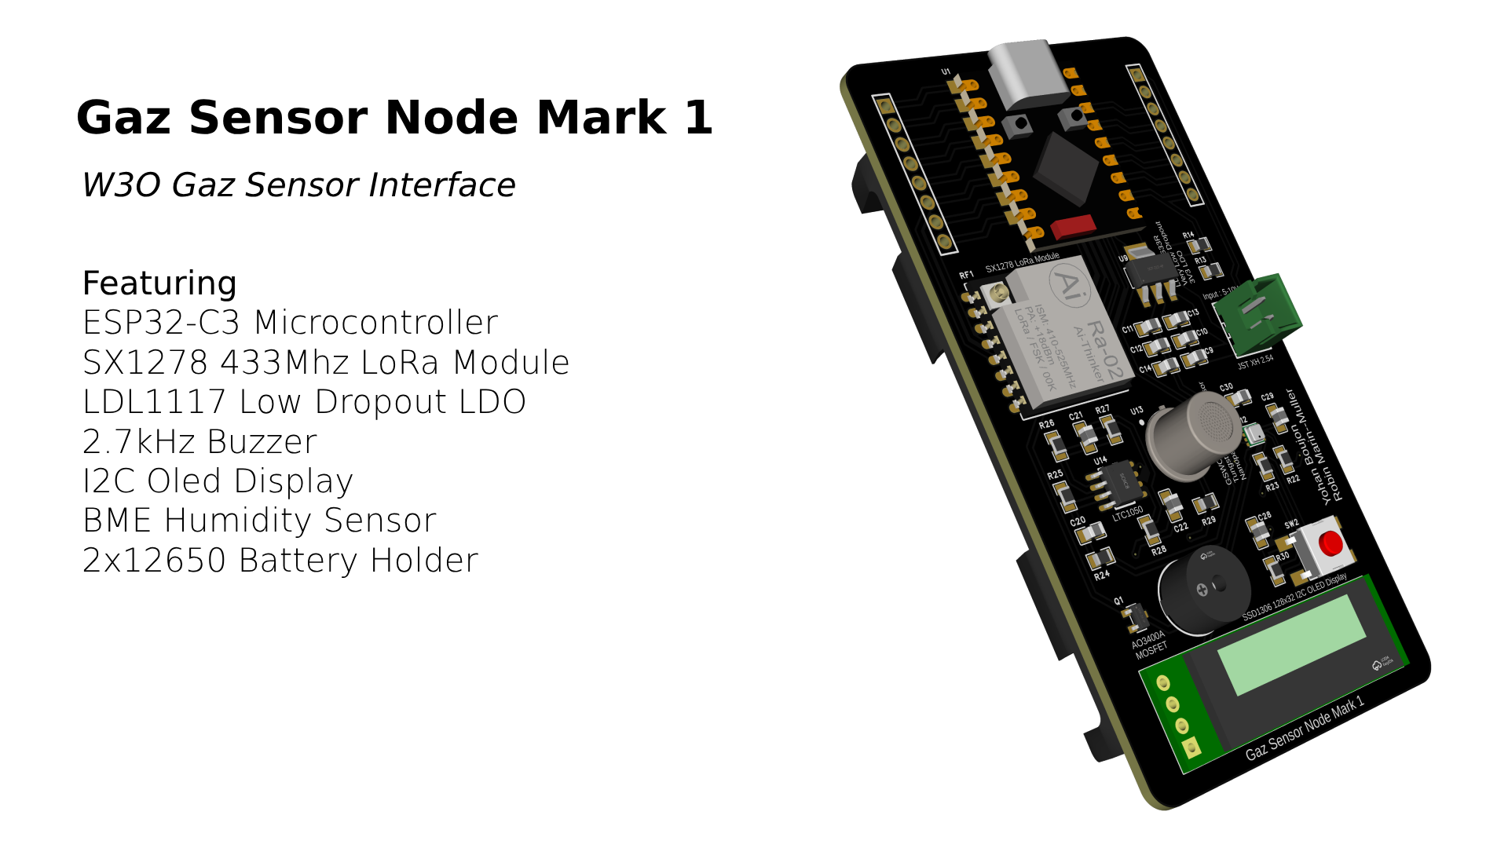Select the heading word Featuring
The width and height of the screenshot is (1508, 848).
point(159,283)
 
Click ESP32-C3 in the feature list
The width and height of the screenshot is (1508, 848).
point(161,323)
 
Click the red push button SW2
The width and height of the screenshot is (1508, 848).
point(1329,543)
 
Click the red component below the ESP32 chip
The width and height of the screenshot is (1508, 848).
point(1073,227)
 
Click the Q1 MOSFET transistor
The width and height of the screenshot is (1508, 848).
point(1133,617)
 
